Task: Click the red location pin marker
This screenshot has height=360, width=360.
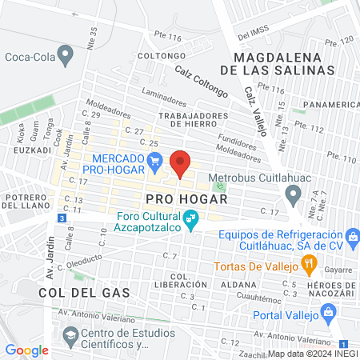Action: pos(180,163)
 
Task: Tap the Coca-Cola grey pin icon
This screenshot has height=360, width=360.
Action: pos(66,56)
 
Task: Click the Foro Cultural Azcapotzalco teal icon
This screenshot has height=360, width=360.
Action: pos(190,218)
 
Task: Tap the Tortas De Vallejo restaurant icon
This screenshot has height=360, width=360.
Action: pos(307,264)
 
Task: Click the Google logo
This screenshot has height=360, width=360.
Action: pos(26,350)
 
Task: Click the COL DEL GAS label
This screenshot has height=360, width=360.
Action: pos(72,293)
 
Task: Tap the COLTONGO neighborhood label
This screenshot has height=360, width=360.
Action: pos(156,56)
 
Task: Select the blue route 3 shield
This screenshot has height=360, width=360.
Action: pos(62,218)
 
